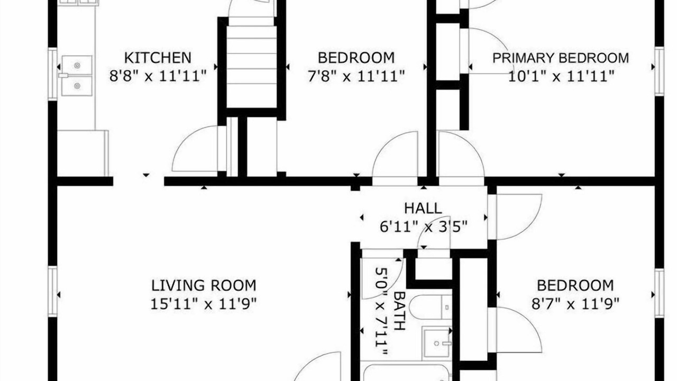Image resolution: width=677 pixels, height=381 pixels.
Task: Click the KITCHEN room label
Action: point(158,58)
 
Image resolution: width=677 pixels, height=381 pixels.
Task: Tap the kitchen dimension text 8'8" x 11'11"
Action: point(158,76)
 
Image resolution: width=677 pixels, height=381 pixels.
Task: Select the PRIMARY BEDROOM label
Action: point(561,58)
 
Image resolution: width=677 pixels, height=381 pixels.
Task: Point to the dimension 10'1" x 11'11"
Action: point(561,76)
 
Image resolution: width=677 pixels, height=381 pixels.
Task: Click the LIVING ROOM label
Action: point(204,285)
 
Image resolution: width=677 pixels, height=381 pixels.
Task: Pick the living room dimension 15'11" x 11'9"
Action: point(204,304)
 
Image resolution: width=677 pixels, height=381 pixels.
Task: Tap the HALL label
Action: point(423,208)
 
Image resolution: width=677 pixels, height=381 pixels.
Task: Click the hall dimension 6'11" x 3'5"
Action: point(424,226)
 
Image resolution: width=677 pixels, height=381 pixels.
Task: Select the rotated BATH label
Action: point(399,311)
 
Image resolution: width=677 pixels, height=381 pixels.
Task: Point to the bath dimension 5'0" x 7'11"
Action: point(381,311)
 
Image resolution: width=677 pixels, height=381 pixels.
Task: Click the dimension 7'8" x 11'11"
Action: point(356,76)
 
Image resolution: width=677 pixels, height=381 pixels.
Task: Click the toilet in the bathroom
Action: point(431,307)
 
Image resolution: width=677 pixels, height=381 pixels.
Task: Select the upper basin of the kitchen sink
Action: point(77,65)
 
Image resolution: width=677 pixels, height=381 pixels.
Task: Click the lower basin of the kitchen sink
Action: point(77,86)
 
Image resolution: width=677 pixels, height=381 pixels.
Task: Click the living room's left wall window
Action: point(52,292)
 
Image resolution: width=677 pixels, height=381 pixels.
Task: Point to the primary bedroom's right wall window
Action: point(660,71)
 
